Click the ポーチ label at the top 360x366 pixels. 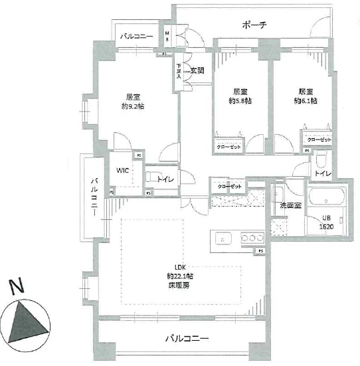[254, 26]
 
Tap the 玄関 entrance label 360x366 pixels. [197, 70]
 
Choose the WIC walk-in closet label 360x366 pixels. [124, 170]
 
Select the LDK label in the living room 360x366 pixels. [179, 268]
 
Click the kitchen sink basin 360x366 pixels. [223, 239]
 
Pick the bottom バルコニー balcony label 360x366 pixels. [187, 339]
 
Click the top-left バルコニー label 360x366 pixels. [137, 38]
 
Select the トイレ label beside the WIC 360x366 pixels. [165, 178]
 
